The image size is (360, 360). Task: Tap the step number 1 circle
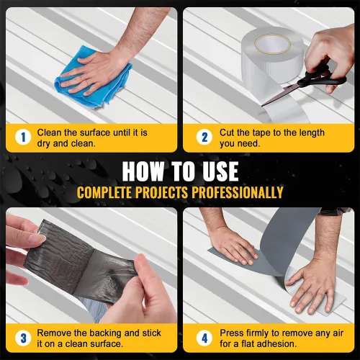23,138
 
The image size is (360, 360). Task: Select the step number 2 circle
204,138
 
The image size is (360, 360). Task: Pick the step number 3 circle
23,338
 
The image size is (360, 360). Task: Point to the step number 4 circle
204,338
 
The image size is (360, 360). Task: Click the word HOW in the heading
143,171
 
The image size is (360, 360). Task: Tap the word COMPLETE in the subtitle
104,192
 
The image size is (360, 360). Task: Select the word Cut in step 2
227,132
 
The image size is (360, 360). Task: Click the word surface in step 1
95,132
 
